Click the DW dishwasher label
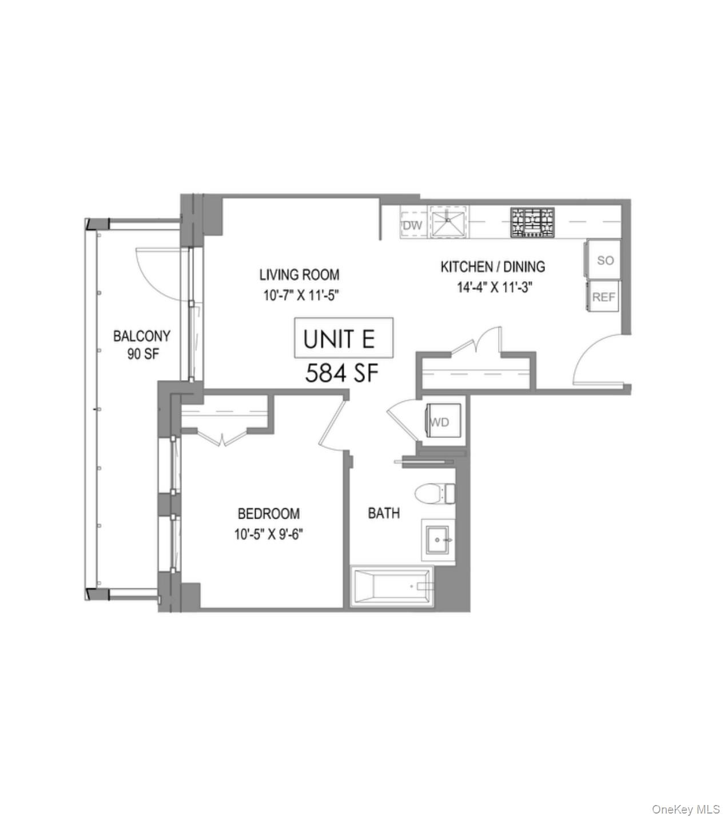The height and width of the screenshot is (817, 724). click(x=412, y=225)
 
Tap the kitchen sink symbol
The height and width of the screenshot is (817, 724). click(x=448, y=222)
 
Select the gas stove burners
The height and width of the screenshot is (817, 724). click(x=532, y=222)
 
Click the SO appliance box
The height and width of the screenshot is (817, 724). click(x=604, y=260)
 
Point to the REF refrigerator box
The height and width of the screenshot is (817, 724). click(x=603, y=297)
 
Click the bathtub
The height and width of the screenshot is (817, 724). click(x=391, y=586)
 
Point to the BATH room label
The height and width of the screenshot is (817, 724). click(x=384, y=513)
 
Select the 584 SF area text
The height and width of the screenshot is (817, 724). click(x=342, y=373)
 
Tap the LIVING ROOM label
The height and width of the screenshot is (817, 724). click(x=299, y=275)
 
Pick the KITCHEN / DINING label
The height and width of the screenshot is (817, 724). click(x=492, y=266)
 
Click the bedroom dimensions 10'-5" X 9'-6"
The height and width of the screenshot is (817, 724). click(x=268, y=534)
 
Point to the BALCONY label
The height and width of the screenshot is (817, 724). click(x=142, y=336)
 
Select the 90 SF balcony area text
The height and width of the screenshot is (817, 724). click(x=143, y=354)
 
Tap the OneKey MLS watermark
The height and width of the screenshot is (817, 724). click(x=686, y=809)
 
